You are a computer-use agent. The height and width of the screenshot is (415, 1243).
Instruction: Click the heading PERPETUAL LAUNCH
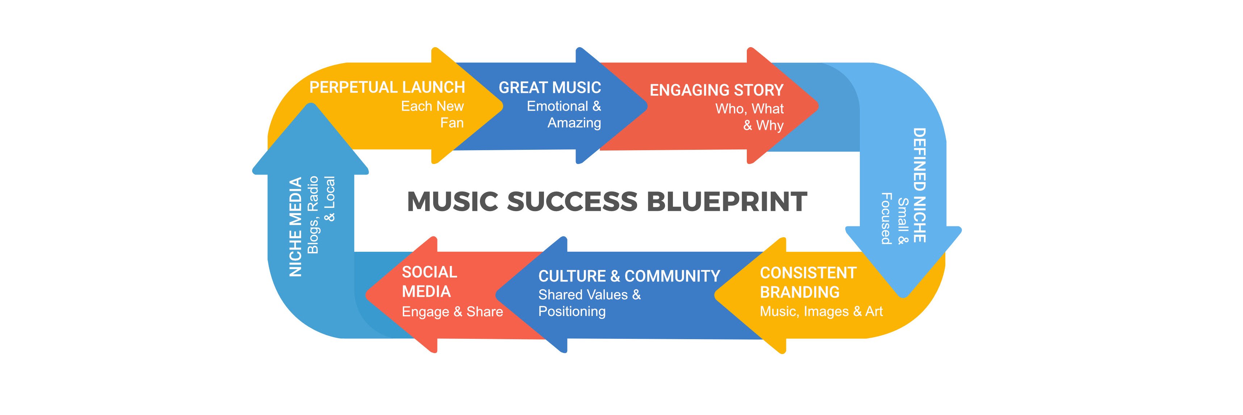click(x=387, y=87)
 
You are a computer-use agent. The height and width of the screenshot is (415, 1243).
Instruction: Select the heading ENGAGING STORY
click(x=716, y=90)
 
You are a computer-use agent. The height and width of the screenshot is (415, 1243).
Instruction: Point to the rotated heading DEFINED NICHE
click(x=919, y=185)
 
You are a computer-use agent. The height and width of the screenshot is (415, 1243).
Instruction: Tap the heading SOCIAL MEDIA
click(x=429, y=282)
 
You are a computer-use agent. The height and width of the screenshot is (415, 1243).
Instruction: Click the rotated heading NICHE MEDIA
click(x=295, y=227)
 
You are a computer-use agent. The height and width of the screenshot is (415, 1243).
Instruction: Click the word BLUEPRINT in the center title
click(x=727, y=201)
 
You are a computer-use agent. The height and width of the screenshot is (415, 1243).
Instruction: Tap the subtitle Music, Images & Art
click(x=821, y=312)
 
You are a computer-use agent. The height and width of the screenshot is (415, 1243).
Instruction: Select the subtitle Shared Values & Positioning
click(x=589, y=303)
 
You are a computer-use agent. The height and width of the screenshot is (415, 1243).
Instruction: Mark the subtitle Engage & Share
click(x=452, y=312)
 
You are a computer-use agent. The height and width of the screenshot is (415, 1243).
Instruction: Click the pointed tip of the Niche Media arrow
click(x=310, y=105)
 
